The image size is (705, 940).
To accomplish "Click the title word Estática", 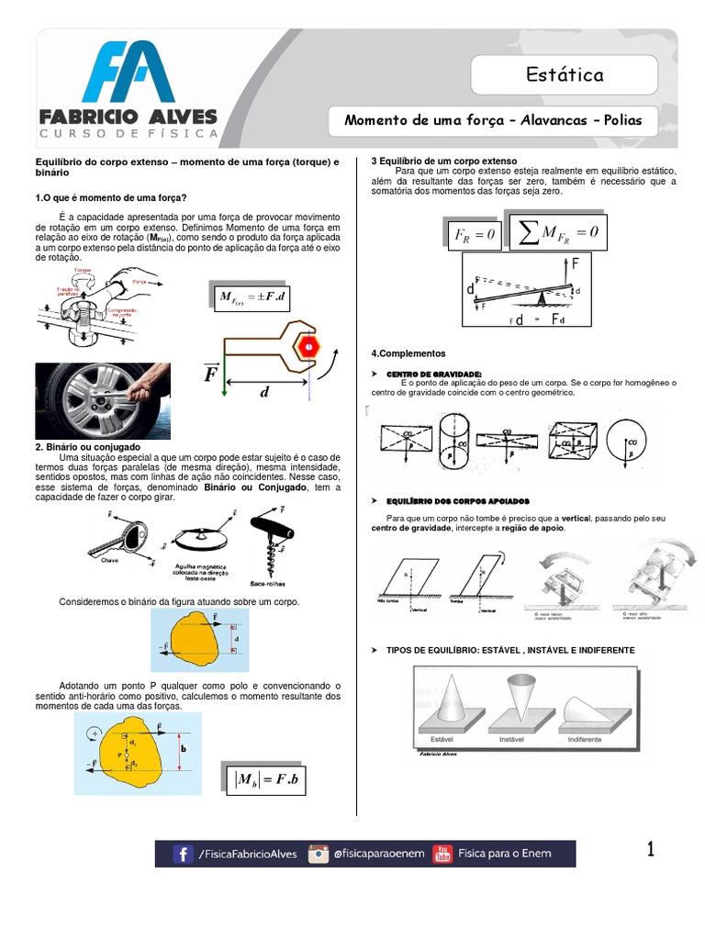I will pyautogui.click(x=565, y=74).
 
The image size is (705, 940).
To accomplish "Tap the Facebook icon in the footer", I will pyautogui.click(x=184, y=854).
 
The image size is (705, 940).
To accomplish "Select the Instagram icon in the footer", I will pyautogui.click(x=319, y=854).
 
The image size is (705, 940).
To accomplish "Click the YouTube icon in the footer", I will pyautogui.click(x=442, y=854).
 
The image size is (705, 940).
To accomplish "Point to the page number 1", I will pyautogui.click(x=650, y=850).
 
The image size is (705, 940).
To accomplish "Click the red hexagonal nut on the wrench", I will pyautogui.click(x=308, y=346).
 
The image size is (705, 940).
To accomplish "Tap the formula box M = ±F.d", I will pyautogui.click(x=252, y=297).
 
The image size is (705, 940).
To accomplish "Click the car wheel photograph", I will pyautogui.click(x=102, y=401).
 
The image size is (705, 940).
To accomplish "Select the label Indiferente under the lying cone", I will pyautogui.click(x=584, y=738).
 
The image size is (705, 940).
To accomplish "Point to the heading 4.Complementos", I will pyautogui.click(x=408, y=353).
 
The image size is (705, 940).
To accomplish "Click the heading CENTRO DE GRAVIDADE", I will pyautogui.click(x=434, y=375).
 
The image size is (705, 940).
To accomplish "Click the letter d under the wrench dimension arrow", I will pyautogui.click(x=264, y=392).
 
